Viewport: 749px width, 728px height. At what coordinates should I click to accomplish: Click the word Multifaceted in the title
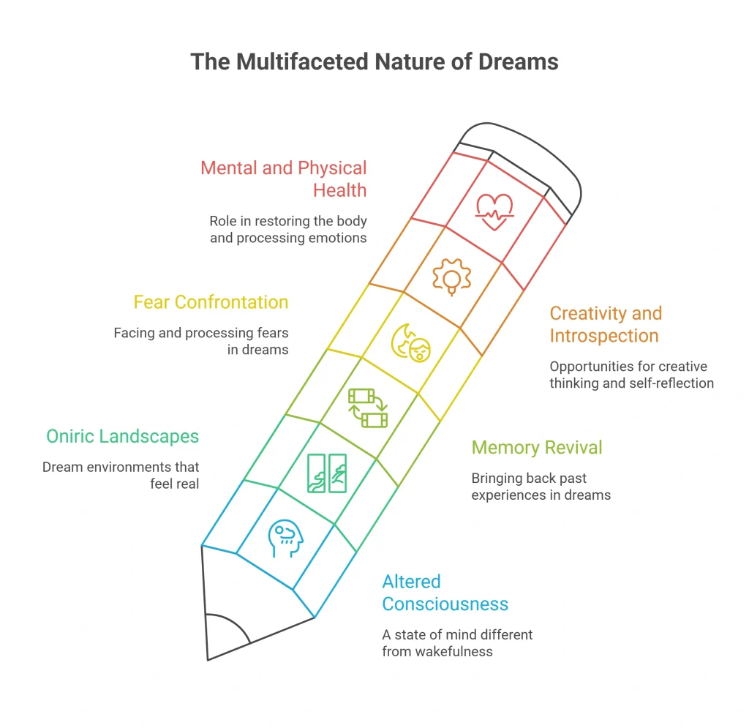(302, 61)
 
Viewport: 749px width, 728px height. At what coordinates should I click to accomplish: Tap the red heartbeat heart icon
(494, 211)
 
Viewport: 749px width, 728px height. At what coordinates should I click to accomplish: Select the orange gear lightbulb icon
(451, 277)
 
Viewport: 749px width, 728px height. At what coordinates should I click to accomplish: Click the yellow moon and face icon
(411, 343)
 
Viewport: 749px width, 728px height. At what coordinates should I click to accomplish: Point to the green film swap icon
(368, 408)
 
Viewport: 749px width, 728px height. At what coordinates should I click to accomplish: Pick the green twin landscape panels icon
(327, 473)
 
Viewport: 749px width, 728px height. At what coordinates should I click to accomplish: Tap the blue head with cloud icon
(286, 539)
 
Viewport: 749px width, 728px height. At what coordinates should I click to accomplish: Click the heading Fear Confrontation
(211, 302)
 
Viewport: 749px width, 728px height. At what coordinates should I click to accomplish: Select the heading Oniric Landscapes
(122, 437)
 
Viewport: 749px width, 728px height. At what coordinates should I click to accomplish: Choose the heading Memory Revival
(536, 448)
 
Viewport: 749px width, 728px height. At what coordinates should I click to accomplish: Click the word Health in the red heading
(339, 190)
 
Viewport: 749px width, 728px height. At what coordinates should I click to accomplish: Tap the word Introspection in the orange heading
(603, 336)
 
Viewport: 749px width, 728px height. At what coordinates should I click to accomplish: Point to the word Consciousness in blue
(445, 604)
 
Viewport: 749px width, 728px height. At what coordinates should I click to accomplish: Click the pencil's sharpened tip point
(208, 660)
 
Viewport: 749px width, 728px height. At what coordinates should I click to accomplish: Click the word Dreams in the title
(519, 61)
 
